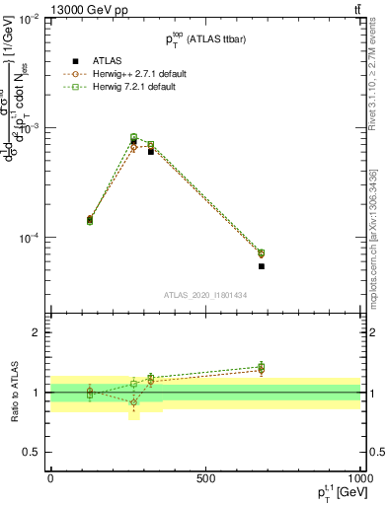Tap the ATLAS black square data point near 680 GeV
click(x=262, y=266)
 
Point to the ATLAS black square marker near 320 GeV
click(x=150, y=151)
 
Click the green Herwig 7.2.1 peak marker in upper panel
click(x=134, y=137)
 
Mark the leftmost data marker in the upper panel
click(x=90, y=220)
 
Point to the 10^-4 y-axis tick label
click(x=29, y=239)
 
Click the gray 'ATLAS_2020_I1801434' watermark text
click(x=205, y=296)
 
